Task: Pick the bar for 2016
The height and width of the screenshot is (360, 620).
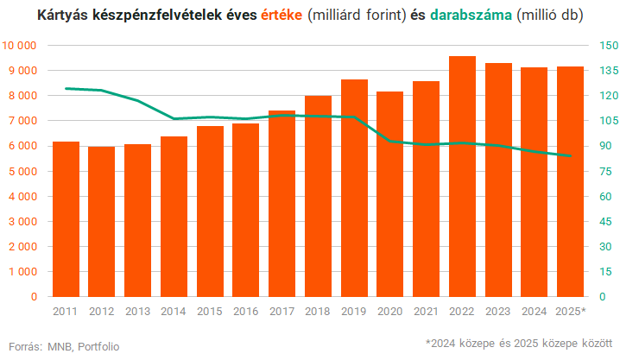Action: [x=246, y=211]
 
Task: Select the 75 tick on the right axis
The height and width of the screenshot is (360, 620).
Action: [x=598, y=171]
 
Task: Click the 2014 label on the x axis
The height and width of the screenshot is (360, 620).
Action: [x=174, y=311]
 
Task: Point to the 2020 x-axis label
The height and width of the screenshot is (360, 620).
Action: [x=390, y=311]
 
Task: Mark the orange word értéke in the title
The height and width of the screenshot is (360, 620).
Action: [x=281, y=16]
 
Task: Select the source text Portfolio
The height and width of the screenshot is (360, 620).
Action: [x=98, y=346]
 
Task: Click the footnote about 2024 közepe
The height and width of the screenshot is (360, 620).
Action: [x=518, y=344]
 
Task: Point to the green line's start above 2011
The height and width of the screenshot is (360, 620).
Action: [x=66, y=88]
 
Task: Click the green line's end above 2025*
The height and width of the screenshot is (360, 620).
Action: [x=570, y=156]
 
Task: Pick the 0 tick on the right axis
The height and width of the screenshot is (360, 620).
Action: [x=595, y=297]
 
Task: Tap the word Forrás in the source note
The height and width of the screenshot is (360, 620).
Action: [x=24, y=346]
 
